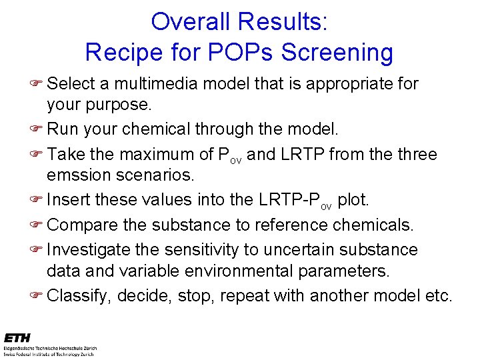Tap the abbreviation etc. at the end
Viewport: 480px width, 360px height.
tap(437, 295)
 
